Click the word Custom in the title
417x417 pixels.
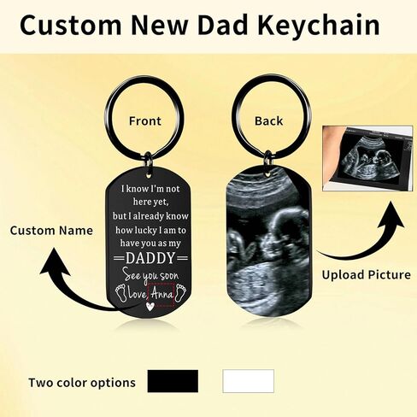71,25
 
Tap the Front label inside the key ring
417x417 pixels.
145,121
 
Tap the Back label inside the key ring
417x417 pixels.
268,120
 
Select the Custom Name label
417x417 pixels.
51,231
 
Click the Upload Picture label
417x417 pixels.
367,275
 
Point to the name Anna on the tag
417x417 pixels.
162,294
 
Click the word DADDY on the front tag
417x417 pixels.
150,258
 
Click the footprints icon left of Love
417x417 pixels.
121,292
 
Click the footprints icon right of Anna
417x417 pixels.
180,291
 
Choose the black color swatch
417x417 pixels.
173,381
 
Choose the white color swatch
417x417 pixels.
249,381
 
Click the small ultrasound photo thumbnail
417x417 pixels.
367,158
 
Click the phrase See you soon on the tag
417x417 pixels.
150,276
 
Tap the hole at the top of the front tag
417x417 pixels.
149,174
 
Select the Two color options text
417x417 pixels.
82,383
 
